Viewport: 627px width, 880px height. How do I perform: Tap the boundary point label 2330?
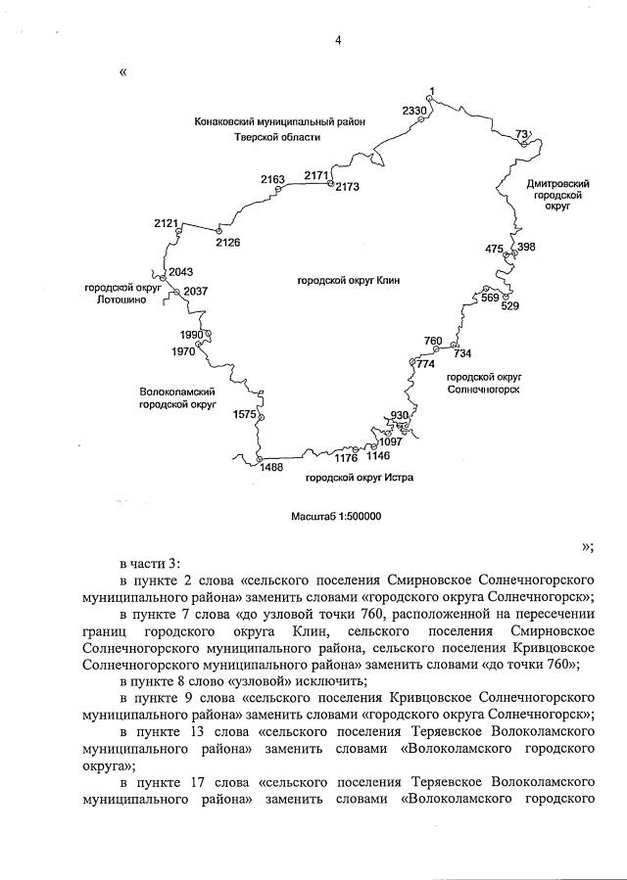pyautogui.click(x=414, y=112)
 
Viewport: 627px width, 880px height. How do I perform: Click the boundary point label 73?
pyautogui.click(x=521, y=134)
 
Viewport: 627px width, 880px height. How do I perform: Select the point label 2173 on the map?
pyautogui.click(x=348, y=186)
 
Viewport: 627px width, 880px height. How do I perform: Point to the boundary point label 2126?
pyautogui.click(x=228, y=242)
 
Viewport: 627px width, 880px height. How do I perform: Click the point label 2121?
pyautogui.click(x=167, y=224)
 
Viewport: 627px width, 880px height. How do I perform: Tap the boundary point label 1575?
pyautogui.click(x=245, y=415)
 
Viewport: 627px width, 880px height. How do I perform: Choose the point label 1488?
pyautogui.click(x=270, y=468)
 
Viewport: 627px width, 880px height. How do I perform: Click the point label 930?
pyautogui.click(x=399, y=415)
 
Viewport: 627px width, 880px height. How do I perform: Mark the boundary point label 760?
pyautogui.click(x=433, y=341)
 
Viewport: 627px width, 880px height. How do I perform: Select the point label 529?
pyautogui.click(x=509, y=306)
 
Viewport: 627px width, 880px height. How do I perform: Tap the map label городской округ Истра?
pyautogui.click(x=359, y=479)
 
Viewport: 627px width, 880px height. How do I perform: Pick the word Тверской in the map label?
pyautogui.click(x=257, y=138)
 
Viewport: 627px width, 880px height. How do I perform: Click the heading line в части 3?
pyautogui.click(x=150, y=563)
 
